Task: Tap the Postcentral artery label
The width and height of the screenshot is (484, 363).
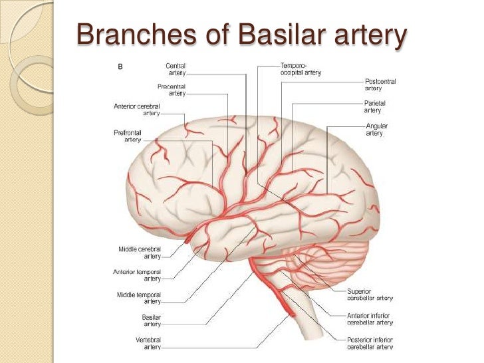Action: pos(380,84)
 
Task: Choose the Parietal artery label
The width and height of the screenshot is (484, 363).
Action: pos(374,106)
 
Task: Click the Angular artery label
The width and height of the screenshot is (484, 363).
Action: pos(376,129)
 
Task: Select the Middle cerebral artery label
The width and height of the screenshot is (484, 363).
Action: pos(140,252)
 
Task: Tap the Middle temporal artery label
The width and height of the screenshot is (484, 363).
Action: pos(140,297)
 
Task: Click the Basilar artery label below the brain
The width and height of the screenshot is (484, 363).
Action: pos(151,320)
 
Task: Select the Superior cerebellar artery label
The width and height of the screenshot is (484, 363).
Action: pos(368,295)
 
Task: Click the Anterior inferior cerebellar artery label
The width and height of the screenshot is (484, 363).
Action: pos(370,318)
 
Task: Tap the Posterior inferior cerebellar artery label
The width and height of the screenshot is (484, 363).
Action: pos(370,342)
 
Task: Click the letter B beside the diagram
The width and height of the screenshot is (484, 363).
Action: pos(120,66)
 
